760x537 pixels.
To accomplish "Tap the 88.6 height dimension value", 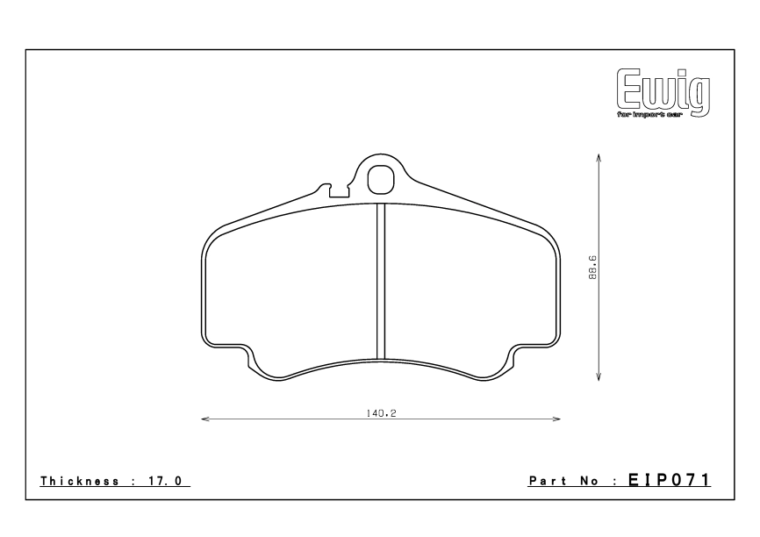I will (x=593, y=267).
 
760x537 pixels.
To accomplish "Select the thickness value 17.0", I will (x=168, y=481).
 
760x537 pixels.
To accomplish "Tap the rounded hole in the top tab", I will (x=381, y=179).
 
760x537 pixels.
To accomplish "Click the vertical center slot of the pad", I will (x=381, y=281).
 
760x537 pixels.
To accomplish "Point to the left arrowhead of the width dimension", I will (x=204, y=419).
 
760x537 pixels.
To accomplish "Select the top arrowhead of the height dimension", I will (x=598, y=156).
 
